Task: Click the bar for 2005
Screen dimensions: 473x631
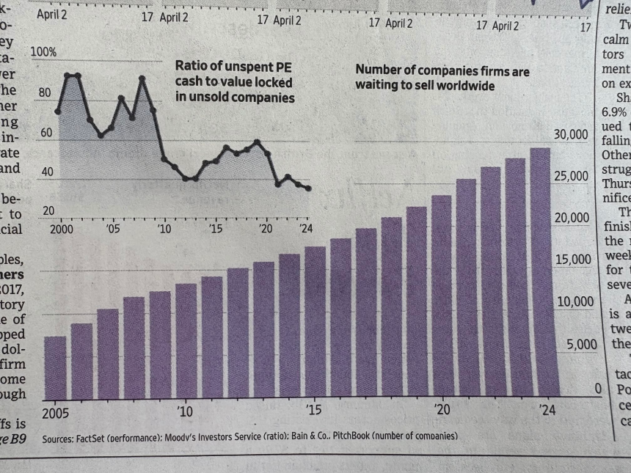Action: pos(55,367)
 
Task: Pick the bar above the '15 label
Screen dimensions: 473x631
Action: pos(315,323)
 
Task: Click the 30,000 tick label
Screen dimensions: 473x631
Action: pos(572,134)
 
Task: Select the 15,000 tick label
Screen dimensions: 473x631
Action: pos(572,260)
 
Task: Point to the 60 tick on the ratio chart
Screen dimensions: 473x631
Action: pos(45,133)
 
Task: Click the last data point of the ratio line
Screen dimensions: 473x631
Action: pos(308,188)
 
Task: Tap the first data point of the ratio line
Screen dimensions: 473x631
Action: pos(58,111)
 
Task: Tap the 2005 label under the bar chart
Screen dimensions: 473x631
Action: pos(56,412)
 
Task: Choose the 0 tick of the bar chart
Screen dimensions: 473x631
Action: pos(599,386)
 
